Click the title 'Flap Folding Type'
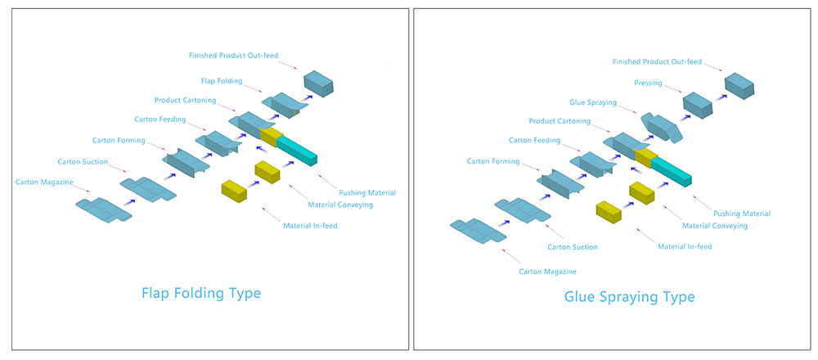[201, 292]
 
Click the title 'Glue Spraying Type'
[629, 296]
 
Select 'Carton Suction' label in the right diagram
[573, 246]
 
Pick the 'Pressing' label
[648, 83]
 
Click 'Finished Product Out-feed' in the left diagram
[233, 56]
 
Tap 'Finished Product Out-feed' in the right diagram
[657, 61]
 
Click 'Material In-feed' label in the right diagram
[685, 245]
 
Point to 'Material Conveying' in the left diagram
[340, 205]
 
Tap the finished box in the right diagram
[739, 83]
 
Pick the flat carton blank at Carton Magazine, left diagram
[103, 209]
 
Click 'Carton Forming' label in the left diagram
[119, 141]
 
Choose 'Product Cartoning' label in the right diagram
[560, 121]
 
